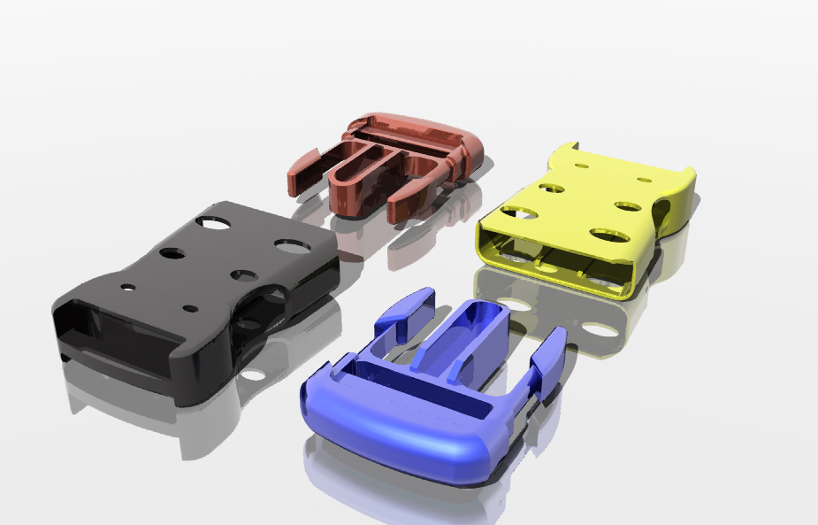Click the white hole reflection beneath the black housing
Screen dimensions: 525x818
point(252,374)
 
